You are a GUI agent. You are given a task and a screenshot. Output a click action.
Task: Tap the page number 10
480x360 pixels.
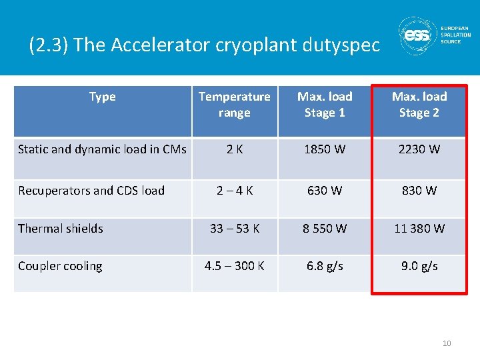[x=446, y=343]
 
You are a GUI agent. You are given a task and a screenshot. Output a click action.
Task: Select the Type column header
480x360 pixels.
[x=102, y=97]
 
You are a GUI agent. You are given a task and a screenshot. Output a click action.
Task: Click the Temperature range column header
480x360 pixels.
[x=234, y=105]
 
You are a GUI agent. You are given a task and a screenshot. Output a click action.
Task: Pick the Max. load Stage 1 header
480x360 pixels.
[x=325, y=105]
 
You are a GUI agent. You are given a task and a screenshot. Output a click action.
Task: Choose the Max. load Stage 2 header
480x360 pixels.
[x=419, y=105]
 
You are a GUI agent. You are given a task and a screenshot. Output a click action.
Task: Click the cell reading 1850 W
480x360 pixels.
[x=325, y=149]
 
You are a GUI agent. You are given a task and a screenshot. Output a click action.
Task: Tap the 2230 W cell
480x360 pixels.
[x=419, y=149]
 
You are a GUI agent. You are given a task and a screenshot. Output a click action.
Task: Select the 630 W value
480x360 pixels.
[x=325, y=191]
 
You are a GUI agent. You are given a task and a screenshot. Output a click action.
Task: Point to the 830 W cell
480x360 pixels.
[x=419, y=191]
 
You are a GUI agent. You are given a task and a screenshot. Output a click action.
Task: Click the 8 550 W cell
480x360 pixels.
[x=325, y=229]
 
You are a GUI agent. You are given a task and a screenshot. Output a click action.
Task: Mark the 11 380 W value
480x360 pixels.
[x=419, y=229]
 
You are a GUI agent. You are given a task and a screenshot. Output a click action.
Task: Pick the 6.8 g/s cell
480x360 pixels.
[x=325, y=266]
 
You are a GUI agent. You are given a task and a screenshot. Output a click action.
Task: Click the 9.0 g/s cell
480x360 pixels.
[x=419, y=266]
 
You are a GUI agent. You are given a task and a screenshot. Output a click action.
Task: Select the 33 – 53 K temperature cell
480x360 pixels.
[x=234, y=229]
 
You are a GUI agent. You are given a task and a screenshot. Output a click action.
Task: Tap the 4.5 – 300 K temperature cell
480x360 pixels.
[x=234, y=266]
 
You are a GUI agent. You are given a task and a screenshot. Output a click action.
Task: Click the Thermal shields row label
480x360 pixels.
[x=61, y=229]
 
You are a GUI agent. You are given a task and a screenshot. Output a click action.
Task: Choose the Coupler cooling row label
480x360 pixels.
[x=60, y=266]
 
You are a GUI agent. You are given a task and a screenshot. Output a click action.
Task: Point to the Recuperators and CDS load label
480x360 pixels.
[x=91, y=191]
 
